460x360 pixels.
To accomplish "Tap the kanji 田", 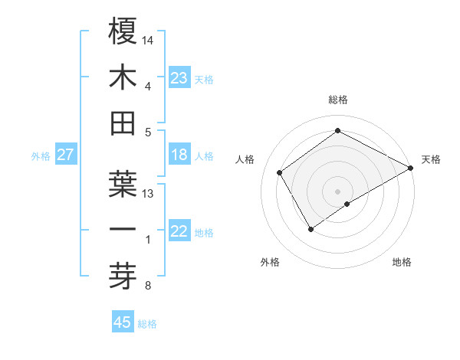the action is (123, 123).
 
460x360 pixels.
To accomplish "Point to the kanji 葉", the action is (123, 185).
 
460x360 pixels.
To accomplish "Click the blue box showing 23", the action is (179, 77).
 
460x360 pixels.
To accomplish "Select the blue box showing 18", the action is (179, 155).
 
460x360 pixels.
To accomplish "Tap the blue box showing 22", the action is (179, 232).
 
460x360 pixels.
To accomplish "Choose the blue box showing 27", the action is (66, 155).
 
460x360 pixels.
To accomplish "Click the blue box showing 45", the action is (123, 322).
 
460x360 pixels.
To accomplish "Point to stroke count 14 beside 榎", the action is (149, 39).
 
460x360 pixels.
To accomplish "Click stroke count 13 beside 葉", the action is (149, 194).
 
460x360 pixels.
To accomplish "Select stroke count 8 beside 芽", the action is (147, 286).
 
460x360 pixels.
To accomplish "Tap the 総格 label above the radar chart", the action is (337, 100).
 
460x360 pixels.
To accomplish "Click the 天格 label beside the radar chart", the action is (431, 159).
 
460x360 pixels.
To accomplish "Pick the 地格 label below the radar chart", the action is (402, 263).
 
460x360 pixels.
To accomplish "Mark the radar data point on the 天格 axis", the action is (411, 168).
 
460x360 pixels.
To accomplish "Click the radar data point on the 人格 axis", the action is (280, 172).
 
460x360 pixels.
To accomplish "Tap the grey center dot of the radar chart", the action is (337, 191).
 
